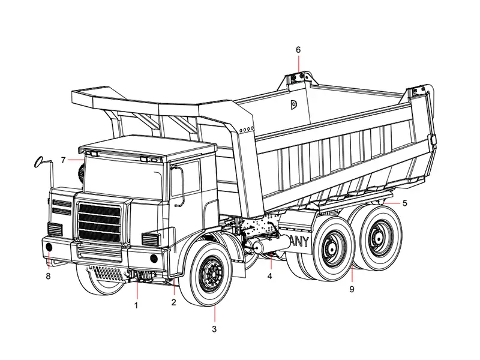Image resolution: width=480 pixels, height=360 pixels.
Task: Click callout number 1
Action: click(x=136, y=305)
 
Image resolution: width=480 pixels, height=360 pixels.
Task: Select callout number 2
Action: click(x=173, y=302)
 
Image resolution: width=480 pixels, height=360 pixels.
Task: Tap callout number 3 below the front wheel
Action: click(x=214, y=329)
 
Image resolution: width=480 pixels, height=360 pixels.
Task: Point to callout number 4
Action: click(x=270, y=276)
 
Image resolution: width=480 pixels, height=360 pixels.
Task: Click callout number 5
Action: click(x=404, y=203)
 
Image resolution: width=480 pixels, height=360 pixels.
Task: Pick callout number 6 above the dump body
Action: click(x=298, y=49)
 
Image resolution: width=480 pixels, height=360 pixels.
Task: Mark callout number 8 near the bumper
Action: click(x=48, y=276)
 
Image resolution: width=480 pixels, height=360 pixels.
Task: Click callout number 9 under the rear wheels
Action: click(x=352, y=289)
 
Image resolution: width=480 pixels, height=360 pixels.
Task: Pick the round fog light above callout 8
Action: click(x=49, y=248)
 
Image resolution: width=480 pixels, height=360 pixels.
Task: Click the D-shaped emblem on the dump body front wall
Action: click(x=293, y=105)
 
